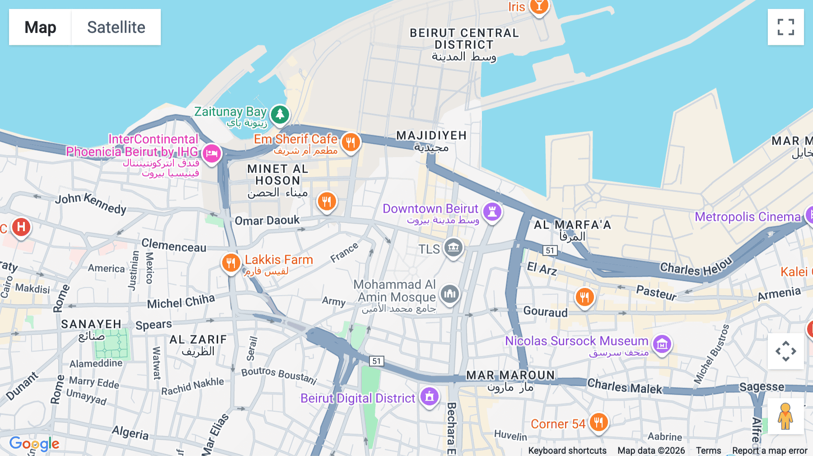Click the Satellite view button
pyautogui.click(x=116, y=27)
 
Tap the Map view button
pyautogui.click(x=40, y=27)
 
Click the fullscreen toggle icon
pyautogui.click(x=785, y=27)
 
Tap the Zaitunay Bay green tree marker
pyautogui.click(x=280, y=114)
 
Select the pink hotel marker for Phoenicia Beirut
pyautogui.click(x=211, y=154)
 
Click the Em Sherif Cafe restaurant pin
pyautogui.click(x=350, y=142)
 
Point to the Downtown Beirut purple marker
pyautogui.click(x=492, y=211)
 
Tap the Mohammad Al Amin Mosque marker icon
pyautogui.click(x=450, y=294)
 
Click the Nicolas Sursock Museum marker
pyautogui.click(x=662, y=344)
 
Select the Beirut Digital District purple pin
pyautogui.click(x=430, y=396)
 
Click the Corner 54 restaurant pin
pyautogui.click(x=598, y=423)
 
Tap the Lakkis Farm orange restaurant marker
pyautogui.click(x=231, y=262)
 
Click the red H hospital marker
pyautogui.click(x=21, y=227)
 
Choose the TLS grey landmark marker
pyautogui.click(x=453, y=247)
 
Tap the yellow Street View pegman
pyautogui.click(x=785, y=416)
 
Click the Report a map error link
pyautogui.click(x=770, y=451)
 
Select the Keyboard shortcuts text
pyautogui.click(x=567, y=451)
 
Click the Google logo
pyautogui.click(x=34, y=444)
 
